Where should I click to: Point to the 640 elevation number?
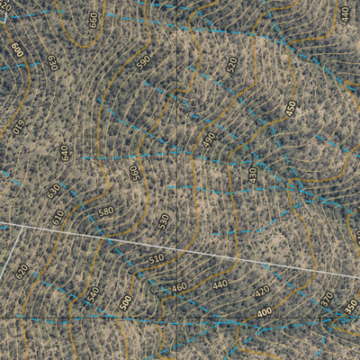click(x=65, y=152)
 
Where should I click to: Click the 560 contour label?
click(x=135, y=172)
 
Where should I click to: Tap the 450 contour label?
click(x=291, y=106)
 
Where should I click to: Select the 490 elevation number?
click(x=210, y=140)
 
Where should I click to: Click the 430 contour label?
click(x=253, y=175)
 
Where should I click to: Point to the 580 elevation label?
click(x=106, y=211)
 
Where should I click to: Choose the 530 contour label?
click(x=164, y=220)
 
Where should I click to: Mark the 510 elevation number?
click(x=157, y=258)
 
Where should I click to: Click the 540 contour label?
click(x=92, y=294)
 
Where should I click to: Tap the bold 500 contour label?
click(x=125, y=302)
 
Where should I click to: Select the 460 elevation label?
click(x=179, y=287)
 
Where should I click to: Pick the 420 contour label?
click(x=262, y=292)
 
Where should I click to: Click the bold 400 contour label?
click(x=265, y=312)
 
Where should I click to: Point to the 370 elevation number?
click(x=327, y=298)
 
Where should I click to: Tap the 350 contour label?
click(x=350, y=306)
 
